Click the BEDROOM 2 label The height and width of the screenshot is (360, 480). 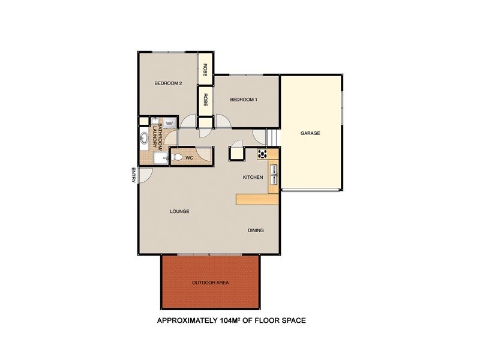pos(168,83)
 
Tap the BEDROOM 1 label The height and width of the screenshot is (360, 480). pos(244,100)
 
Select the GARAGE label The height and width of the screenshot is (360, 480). pos(310,133)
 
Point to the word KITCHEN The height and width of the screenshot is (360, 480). pos(253,178)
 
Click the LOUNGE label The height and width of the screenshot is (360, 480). pos(179,211)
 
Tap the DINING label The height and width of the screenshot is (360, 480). pos(256,230)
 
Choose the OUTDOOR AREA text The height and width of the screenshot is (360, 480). pos(210,282)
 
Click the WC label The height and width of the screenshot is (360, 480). pos(189,158)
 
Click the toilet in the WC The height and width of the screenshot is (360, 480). pos(177,158)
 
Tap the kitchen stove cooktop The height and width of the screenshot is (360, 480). pos(262,154)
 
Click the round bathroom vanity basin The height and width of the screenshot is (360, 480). pos(144,139)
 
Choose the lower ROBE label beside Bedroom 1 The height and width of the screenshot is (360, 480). pos(205,100)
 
